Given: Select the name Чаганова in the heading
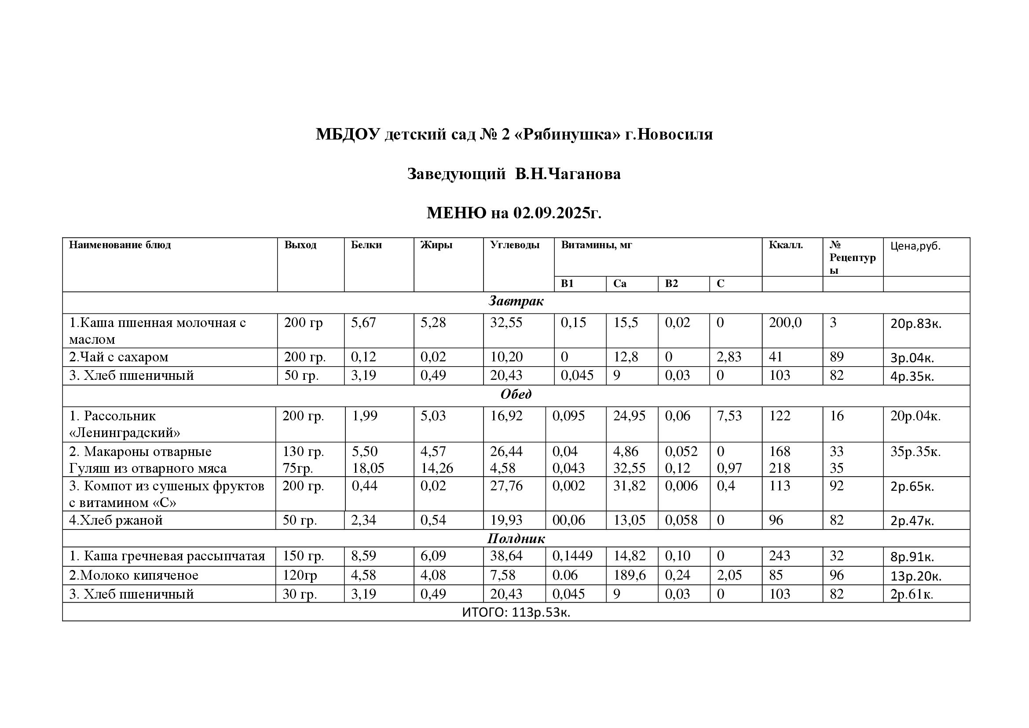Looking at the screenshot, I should [584, 174].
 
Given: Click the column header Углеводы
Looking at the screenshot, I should [515, 245].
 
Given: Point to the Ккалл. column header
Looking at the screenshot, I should [786, 245].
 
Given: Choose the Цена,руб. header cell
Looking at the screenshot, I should [915, 246].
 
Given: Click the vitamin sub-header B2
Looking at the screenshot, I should [671, 284].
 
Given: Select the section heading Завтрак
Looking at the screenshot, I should [516, 301].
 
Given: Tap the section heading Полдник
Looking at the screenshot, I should [516, 539].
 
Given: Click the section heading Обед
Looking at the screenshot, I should [516, 394].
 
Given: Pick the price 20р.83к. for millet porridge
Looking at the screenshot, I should [915, 324].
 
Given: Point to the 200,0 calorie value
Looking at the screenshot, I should [785, 323].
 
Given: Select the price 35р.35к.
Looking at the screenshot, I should [915, 452].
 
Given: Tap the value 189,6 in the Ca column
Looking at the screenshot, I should [629, 575].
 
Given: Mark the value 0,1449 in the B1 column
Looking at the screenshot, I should [572, 556].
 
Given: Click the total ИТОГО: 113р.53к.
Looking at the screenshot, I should [516, 612].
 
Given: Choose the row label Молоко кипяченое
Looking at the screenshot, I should [134, 575].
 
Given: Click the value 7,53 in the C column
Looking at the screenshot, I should [729, 416].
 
